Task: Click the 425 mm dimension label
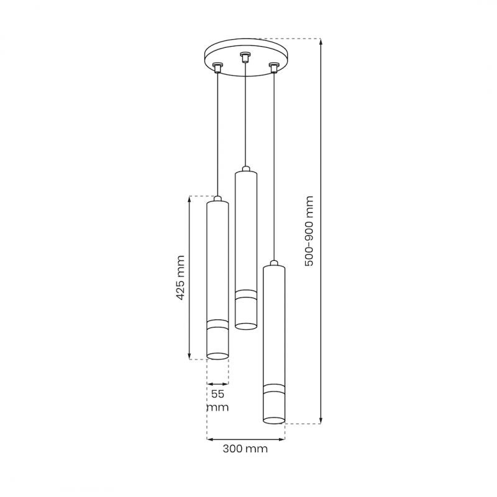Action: [x=180, y=278]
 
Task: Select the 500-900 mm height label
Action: [x=309, y=231]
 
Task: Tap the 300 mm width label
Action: [x=245, y=449]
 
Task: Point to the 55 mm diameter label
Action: [x=218, y=400]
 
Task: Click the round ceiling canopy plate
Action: [x=245, y=57]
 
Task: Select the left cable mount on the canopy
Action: [x=217, y=67]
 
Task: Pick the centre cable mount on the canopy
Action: [x=244, y=57]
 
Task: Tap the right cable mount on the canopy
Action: [x=273, y=68]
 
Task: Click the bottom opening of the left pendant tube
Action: [x=217, y=356]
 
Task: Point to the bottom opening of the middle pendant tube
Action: [x=246, y=326]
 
